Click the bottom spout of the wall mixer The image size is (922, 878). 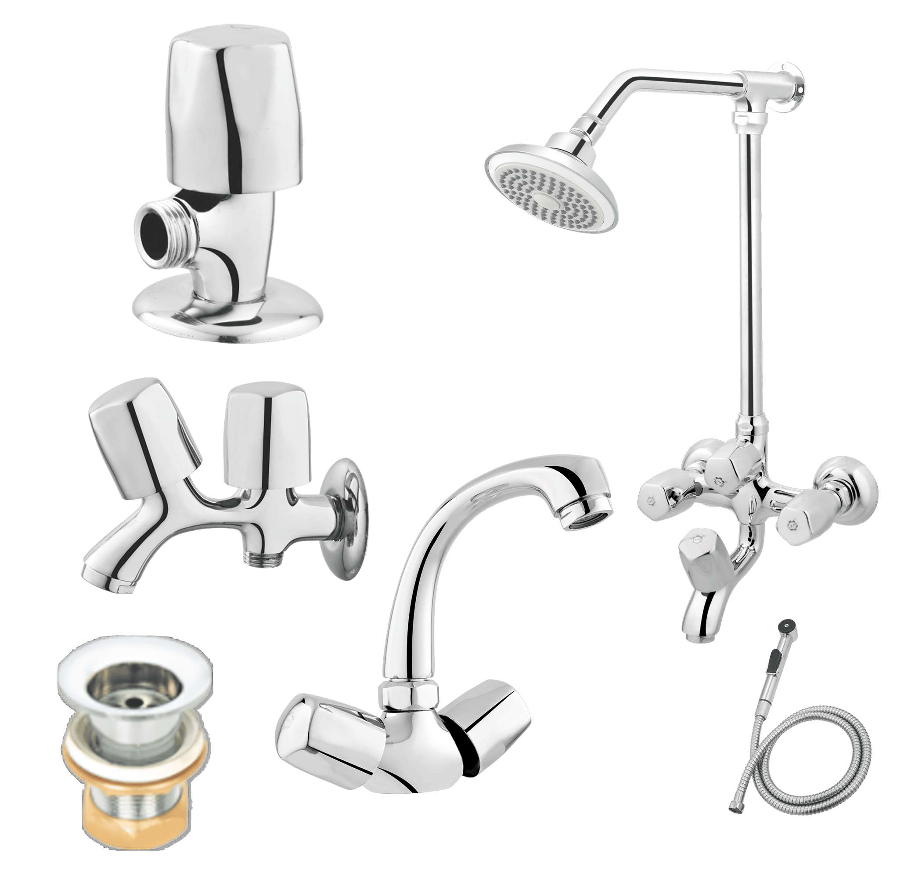(695, 627)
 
